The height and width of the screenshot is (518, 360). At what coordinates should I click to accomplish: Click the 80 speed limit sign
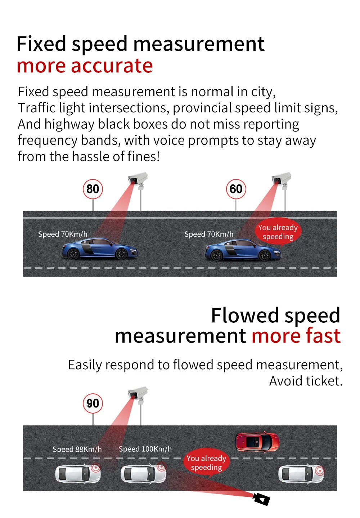(93, 189)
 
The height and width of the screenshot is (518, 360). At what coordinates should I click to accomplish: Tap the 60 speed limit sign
(236, 189)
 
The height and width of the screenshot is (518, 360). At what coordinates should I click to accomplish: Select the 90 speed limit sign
(93, 403)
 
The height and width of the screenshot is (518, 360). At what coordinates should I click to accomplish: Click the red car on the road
(257, 442)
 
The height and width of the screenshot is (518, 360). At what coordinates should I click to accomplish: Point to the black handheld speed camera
(262, 499)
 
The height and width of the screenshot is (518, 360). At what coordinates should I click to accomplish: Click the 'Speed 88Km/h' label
(77, 449)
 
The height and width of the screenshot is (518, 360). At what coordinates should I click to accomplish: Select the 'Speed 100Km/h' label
(145, 449)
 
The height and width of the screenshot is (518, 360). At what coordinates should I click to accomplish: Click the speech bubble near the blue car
(278, 232)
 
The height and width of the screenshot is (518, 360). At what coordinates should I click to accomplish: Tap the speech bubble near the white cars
(207, 463)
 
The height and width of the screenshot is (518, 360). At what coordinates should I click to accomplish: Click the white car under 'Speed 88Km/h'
(78, 474)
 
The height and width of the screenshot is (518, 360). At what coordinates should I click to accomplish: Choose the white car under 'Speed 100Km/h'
(143, 474)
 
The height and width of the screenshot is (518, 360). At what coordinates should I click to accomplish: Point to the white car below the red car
(301, 474)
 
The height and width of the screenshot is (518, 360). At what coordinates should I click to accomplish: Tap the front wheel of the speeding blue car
(264, 255)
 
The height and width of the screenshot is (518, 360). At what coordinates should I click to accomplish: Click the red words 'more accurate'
(85, 66)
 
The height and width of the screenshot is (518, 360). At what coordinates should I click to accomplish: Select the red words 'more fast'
(296, 335)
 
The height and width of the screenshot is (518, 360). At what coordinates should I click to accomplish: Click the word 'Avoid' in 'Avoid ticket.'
(285, 381)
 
